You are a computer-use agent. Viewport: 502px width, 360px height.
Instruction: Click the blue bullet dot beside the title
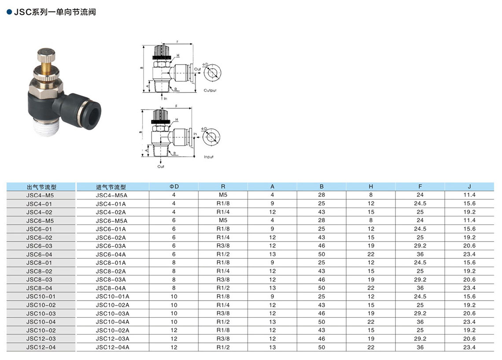point(9,12)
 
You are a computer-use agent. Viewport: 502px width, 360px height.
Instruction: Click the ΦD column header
point(174,187)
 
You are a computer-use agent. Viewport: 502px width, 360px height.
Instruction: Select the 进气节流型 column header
point(111,187)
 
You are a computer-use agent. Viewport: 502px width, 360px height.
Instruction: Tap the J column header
point(469,187)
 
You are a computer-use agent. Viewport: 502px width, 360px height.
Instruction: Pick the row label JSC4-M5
point(40,195)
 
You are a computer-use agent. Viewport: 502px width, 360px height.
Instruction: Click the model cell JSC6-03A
point(111,246)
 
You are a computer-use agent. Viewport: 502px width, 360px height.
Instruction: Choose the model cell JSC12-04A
point(112,348)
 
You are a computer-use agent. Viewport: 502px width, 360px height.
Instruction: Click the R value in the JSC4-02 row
point(223,212)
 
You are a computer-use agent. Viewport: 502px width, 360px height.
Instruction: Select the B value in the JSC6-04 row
point(321,254)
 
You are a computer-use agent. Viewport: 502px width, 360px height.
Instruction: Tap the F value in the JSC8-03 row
point(420,279)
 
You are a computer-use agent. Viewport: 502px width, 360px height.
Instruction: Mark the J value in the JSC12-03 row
point(469,339)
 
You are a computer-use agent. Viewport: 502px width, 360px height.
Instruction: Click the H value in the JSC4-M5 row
point(371,195)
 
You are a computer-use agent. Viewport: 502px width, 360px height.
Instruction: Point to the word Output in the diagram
point(210,91)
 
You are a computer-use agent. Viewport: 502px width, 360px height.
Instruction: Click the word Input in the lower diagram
point(209,157)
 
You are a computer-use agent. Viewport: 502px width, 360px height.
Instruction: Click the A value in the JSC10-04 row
point(272,322)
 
